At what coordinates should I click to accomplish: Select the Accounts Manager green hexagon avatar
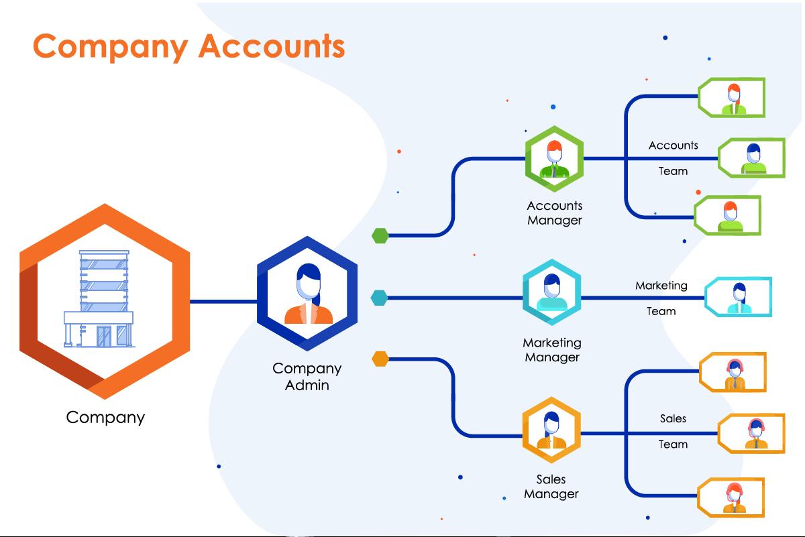click(x=554, y=158)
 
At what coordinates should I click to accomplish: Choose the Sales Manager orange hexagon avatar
click(x=551, y=432)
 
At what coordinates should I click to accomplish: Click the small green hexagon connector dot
click(x=380, y=235)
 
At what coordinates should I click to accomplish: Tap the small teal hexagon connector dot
click(x=379, y=297)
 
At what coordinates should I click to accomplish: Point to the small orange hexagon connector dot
click(x=380, y=359)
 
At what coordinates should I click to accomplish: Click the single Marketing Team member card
click(x=738, y=297)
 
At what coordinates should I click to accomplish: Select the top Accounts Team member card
click(x=732, y=98)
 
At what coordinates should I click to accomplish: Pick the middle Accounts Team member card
click(x=752, y=158)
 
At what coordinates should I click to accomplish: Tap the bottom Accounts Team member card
click(x=728, y=216)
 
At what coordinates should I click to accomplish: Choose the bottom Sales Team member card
click(x=732, y=497)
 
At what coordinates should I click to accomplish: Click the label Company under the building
click(x=105, y=417)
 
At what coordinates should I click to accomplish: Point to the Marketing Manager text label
click(x=551, y=350)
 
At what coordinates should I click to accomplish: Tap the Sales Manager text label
click(x=551, y=487)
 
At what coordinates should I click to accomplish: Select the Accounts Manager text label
click(x=554, y=213)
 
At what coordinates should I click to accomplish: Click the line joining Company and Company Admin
click(x=223, y=301)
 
